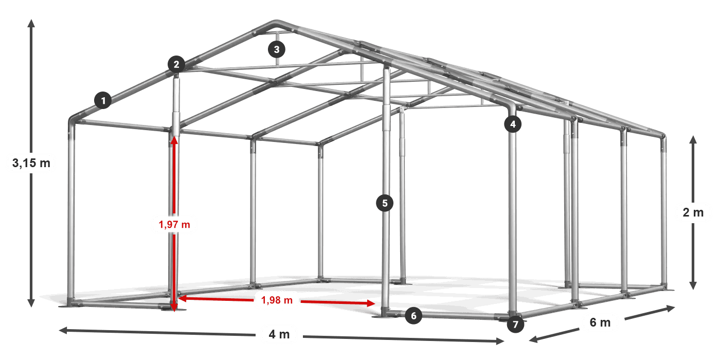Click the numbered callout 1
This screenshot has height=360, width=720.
coord(103,100)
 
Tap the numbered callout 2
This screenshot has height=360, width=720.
coord(176,64)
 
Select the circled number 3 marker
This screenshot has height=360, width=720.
coord(277,49)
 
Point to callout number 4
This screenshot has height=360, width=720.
coord(513,124)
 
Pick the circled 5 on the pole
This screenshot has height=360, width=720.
coord(385,203)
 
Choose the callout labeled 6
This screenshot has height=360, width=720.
coord(413,316)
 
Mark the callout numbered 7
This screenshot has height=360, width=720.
coord(515,325)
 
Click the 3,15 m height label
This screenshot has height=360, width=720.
coord(31,163)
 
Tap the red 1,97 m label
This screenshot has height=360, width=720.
coord(174,224)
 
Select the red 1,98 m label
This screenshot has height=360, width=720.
coord(277,300)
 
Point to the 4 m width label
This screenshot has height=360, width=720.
coord(279,334)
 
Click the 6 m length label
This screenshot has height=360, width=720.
coord(600,322)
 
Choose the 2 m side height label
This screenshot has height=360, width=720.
coord(693,212)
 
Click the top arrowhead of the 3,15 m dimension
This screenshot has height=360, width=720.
coord(31,23)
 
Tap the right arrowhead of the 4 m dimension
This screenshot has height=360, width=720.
coord(500,341)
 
